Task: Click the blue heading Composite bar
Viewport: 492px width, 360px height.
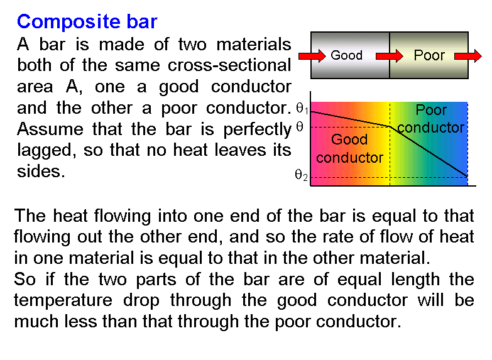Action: pos(87,22)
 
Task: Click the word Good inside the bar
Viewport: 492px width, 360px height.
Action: pos(346,55)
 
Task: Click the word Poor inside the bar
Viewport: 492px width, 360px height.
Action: pos(429,55)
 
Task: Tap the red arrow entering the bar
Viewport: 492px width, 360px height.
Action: pos(312,56)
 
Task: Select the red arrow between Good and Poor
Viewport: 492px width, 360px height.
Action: pos(390,56)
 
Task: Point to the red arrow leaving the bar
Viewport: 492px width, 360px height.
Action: pos(468,56)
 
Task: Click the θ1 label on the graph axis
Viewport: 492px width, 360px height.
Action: pos(302,109)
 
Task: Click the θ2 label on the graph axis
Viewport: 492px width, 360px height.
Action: pos(301,175)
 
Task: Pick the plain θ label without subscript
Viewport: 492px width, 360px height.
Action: pos(300,127)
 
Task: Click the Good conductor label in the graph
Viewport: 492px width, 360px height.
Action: pos(349,148)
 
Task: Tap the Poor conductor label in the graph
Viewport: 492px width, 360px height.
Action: pos(431,119)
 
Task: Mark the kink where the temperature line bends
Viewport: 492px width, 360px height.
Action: pos(390,126)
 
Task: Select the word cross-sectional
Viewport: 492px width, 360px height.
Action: pos(229,65)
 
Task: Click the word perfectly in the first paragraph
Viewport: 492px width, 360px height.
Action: pos(257,129)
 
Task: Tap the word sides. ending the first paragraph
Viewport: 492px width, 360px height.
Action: pos(41,172)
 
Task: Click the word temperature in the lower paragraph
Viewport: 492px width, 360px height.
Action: pos(63,301)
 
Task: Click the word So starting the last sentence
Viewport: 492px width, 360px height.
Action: pos(25,279)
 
